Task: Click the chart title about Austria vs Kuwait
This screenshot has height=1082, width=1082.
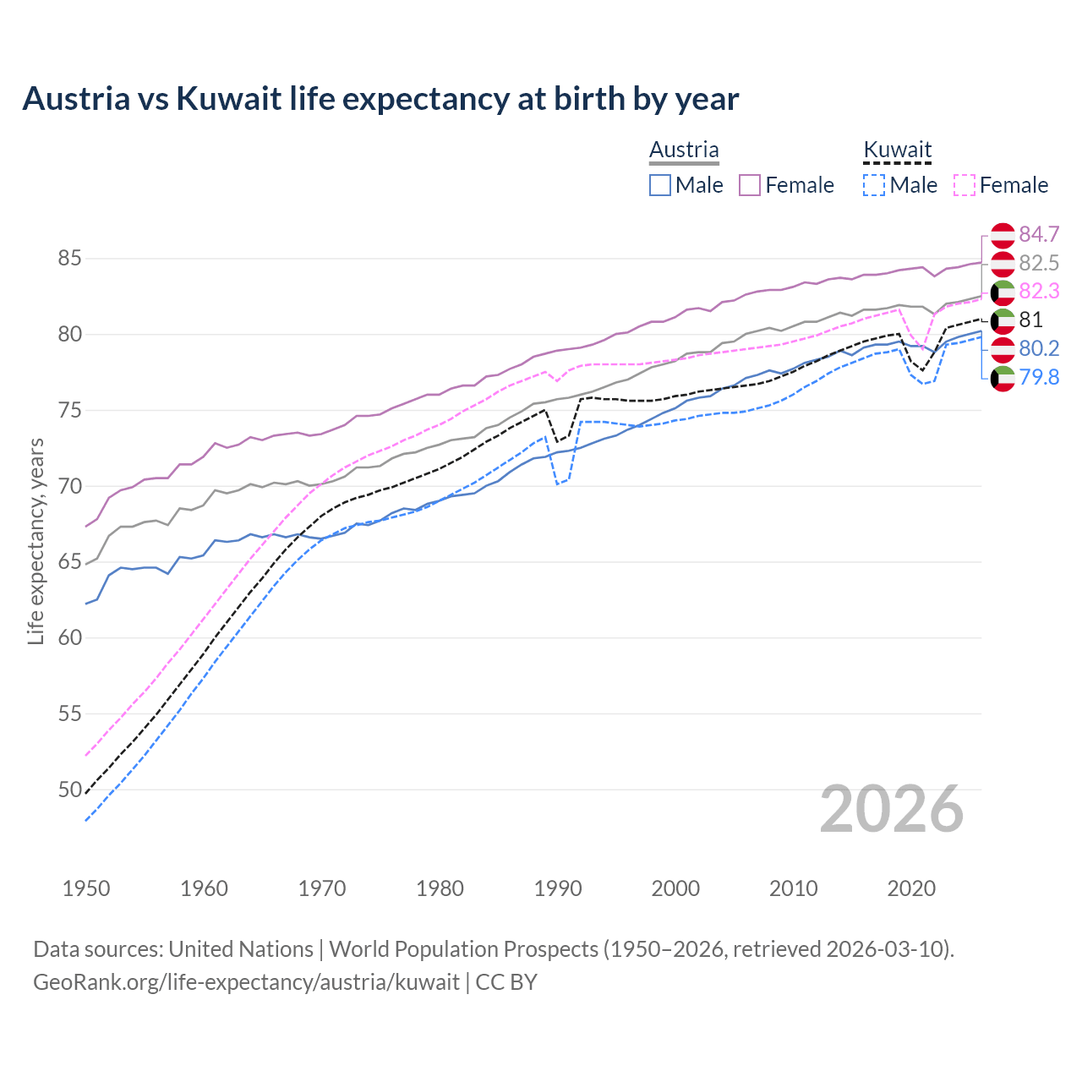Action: coord(380,99)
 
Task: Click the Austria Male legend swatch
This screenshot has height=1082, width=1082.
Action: coord(660,185)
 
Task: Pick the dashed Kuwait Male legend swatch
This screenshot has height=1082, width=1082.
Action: coord(874,185)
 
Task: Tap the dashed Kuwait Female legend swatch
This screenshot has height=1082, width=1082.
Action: coord(965,185)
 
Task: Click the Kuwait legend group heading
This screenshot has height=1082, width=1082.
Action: coord(897,150)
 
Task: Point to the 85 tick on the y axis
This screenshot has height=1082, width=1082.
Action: coord(69,258)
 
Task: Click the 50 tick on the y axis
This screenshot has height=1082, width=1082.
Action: coord(69,790)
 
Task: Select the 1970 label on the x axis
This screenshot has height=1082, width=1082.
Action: coord(322,888)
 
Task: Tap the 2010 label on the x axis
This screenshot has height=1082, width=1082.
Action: coord(793,888)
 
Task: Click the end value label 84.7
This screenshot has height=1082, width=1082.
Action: coord(1039,234)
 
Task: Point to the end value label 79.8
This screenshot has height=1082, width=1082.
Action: coord(1039,377)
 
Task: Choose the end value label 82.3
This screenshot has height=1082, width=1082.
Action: coord(1039,291)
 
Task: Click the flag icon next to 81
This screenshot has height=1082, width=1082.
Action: coord(1003,320)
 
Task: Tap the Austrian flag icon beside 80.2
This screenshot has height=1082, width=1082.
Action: coord(1003,349)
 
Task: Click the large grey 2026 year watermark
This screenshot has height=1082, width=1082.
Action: coord(892,809)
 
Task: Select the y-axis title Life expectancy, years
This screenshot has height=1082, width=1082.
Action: coord(36,541)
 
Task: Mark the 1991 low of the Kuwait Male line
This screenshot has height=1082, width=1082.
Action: coord(558,484)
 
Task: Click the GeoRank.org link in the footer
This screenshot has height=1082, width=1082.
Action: coord(246,982)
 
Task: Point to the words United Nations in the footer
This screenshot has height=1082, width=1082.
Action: coord(241,948)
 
